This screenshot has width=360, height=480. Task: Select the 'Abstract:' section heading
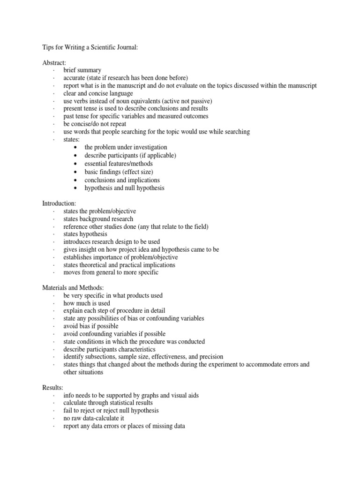point(54,63)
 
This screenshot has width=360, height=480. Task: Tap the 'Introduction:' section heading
point(59,204)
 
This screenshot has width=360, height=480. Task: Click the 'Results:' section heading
point(53,388)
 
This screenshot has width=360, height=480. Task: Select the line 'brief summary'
point(82,70)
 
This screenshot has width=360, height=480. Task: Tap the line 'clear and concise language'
point(98,93)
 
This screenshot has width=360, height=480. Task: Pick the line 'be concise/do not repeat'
point(96,124)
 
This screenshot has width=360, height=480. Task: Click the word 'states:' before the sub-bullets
point(72,140)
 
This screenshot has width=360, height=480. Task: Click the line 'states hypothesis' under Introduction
point(85,234)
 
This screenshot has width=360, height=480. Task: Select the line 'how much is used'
point(87,303)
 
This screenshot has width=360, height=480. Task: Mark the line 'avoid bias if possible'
point(91,326)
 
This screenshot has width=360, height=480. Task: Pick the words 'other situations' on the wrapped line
point(83,372)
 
